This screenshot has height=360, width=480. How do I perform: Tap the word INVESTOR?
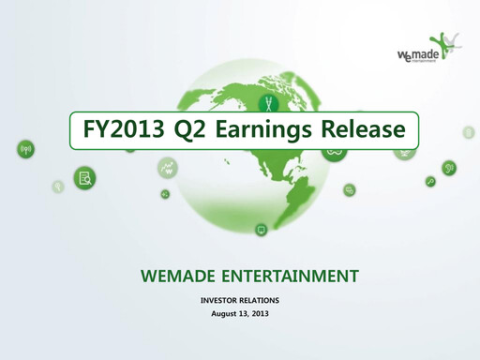tap(221, 299)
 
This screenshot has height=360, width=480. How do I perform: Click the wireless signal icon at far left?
tap(25, 148)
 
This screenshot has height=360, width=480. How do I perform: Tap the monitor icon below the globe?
tap(261, 229)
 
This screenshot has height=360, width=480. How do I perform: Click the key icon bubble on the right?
tap(430, 181)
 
